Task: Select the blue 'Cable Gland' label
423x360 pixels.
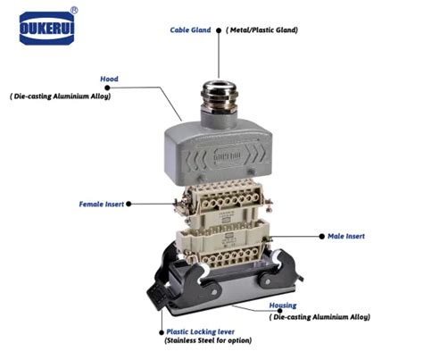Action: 190,29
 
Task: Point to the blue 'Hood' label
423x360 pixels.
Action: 109,79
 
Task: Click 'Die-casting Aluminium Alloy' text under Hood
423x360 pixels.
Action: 60,95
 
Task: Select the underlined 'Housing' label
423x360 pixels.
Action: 285,305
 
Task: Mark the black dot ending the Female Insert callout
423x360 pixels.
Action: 130,204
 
